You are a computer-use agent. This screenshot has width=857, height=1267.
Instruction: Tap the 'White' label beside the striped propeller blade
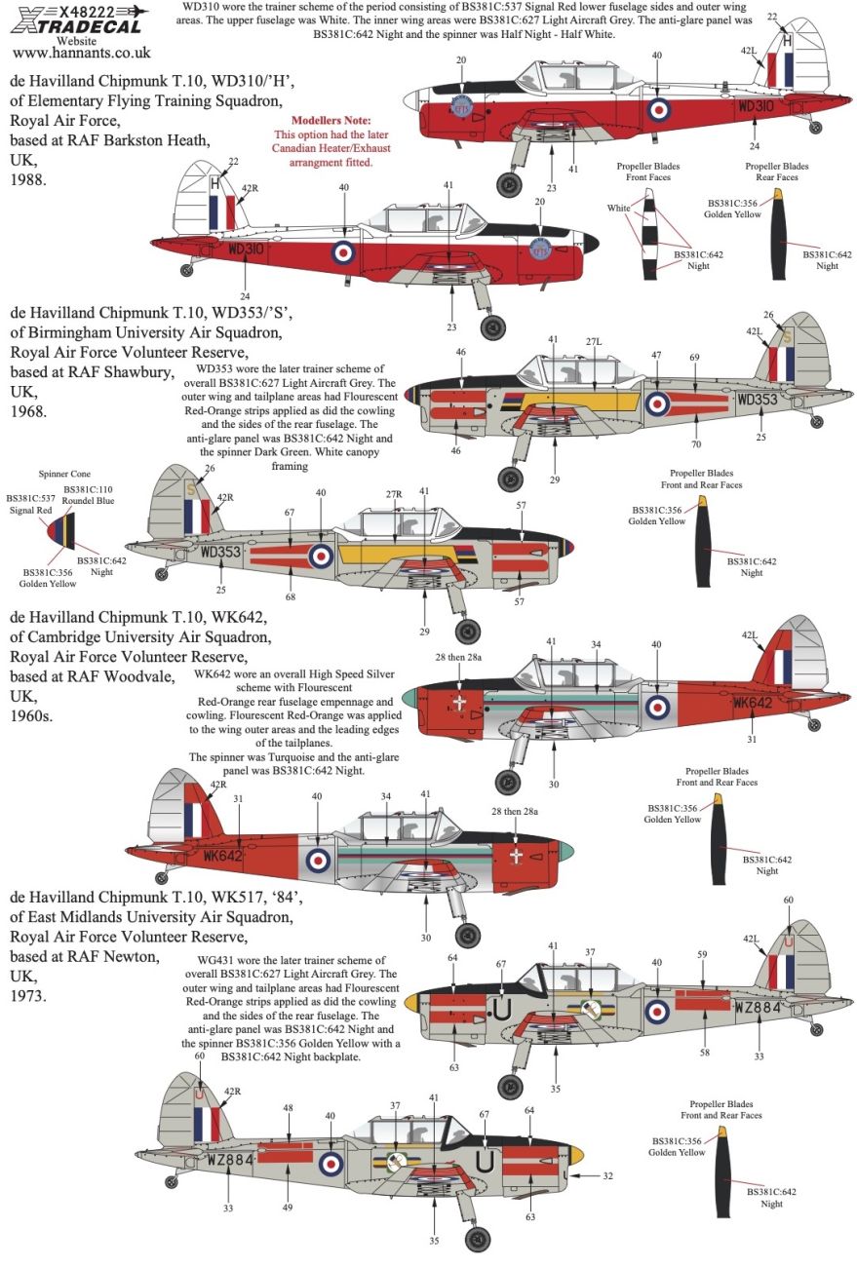(618, 208)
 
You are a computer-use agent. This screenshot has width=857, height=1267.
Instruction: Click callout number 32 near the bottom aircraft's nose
(607, 1176)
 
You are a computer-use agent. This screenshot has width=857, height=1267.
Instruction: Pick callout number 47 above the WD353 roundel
(656, 356)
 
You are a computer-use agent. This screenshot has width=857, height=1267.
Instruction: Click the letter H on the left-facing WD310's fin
(215, 182)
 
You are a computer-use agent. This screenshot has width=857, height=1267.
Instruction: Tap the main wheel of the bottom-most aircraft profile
(477, 1238)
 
